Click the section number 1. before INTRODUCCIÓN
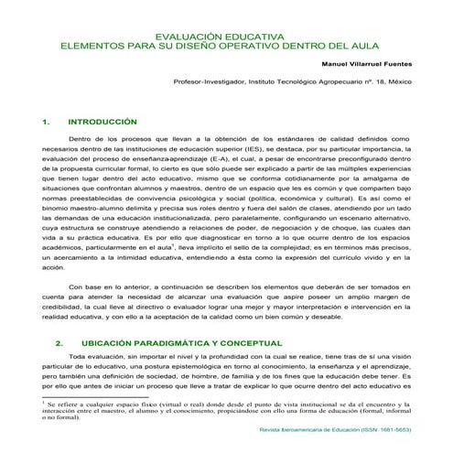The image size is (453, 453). [47, 121]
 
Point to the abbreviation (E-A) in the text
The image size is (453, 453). [219, 168]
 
